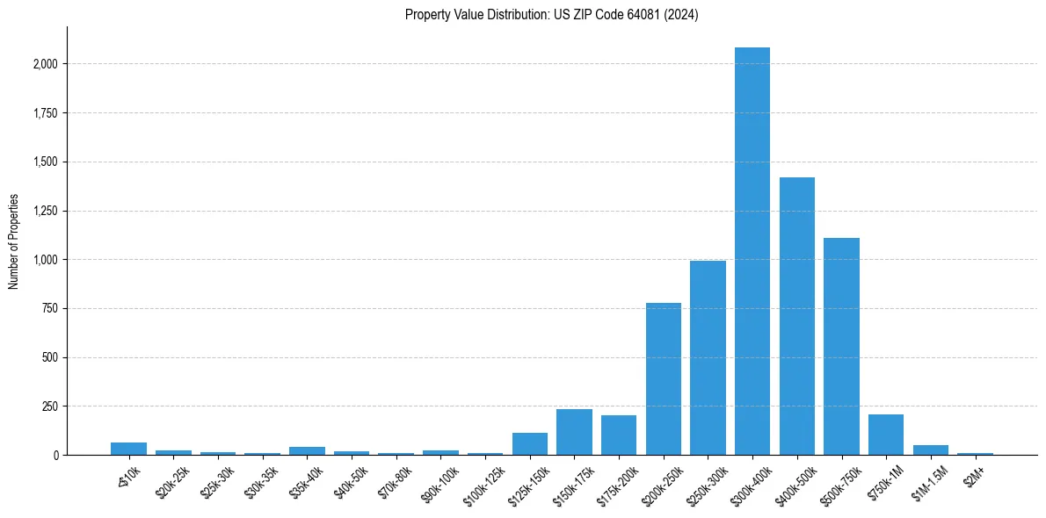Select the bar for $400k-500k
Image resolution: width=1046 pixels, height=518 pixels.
point(797,316)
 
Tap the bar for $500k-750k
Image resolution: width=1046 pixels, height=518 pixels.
point(841,346)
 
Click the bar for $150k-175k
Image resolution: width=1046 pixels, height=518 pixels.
point(574,432)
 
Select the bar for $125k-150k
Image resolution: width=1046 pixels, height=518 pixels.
point(530,444)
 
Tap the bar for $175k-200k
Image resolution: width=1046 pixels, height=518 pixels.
point(619,435)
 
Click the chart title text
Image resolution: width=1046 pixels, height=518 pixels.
point(551,15)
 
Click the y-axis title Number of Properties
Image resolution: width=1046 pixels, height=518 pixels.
point(14,241)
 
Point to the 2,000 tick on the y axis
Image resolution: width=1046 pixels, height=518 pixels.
point(45,64)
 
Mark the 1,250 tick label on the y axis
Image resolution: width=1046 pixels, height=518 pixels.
point(45,211)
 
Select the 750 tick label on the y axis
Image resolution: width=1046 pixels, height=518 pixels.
point(50,309)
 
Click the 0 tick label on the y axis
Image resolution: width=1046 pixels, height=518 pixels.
point(55,456)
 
